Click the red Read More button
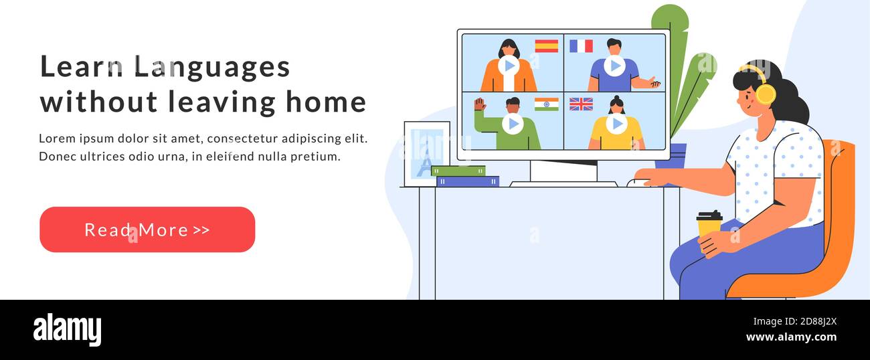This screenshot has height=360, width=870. click(x=147, y=230)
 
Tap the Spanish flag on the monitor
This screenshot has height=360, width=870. click(x=547, y=46)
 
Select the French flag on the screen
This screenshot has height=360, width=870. click(x=581, y=46)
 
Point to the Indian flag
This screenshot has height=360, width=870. click(x=547, y=104)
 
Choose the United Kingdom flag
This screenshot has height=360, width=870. click(x=581, y=104)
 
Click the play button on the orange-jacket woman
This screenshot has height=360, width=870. click(x=509, y=66)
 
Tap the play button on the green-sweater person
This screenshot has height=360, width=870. click(x=513, y=124)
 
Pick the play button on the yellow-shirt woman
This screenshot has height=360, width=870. click(x=616, y=124)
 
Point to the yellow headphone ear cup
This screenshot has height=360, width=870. click(x=766, y=94)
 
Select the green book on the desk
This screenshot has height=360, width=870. click(x=458, y=171)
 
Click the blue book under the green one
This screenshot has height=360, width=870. click(x=468, y=181)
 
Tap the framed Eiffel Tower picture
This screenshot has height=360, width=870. click(x=427, y=154)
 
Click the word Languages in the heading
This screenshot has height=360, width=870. click(x=212, y=67)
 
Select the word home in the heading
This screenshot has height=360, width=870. click(x=326, y=102)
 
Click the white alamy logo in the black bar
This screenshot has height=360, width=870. click(x=67, y=330)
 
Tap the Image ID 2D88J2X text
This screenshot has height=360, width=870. click(x=794, y=322)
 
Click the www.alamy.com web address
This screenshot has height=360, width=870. click(x=791, y=337)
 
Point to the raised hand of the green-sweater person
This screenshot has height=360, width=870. click(x=480, y=104)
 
